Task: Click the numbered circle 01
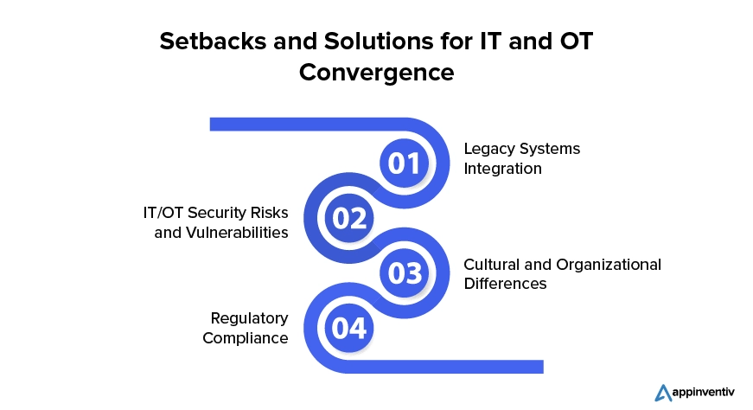tap(405, 163)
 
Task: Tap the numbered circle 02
tap(349, 218)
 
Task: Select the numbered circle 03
tap(405, 273)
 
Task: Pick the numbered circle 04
tap(349, 329)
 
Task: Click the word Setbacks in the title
tap(214, 42)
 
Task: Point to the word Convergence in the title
tap(377, 73)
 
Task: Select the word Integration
tap(503, 169)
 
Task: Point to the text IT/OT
tap(163, 213)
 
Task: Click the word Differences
tap(505, 284)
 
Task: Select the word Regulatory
tap(249, 318)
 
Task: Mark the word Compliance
tap(246, 338)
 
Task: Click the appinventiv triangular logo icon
tap(663, 393)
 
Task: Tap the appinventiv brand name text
tap(704, 393)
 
